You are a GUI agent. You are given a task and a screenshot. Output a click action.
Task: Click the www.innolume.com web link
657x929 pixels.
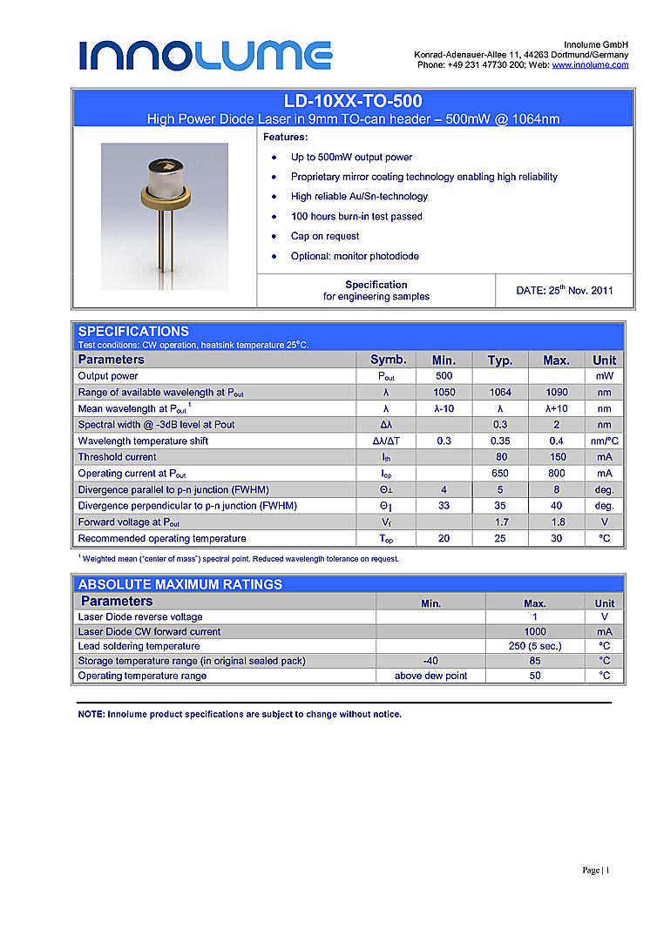(x=590, y=65)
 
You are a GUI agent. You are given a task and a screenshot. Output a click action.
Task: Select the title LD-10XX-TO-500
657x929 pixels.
(x=353, y=102)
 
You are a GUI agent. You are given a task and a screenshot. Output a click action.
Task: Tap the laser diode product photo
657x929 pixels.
(x=165, y=216)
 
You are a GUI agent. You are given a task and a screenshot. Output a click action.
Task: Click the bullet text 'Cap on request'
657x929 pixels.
(x=325, y=236)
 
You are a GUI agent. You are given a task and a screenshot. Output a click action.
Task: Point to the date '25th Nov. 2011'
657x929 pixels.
(x=564, y=290)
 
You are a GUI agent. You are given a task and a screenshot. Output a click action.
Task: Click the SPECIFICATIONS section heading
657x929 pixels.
(x=133, y=331)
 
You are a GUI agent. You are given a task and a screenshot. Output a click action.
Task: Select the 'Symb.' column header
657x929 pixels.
(x=388, y=360)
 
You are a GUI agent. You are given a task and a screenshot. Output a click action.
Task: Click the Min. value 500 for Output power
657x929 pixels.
(x=444, y=376)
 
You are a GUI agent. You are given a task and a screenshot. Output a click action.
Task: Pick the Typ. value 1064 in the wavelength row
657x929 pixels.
(x=500, y=393)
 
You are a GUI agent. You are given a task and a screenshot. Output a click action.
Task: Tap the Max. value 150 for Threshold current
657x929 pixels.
(x=556, y=457)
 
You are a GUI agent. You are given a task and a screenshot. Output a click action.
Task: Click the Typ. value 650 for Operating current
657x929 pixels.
(x=500, y=474)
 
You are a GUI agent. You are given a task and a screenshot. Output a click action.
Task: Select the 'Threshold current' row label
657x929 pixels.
(x=118, y=457)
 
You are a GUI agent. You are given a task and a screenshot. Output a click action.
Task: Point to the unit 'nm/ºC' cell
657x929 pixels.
(x=604, y=441)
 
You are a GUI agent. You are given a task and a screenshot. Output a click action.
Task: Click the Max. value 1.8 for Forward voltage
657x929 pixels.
(x=556, y=522)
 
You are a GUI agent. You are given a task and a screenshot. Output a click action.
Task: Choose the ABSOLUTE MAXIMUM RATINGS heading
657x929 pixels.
(x=180, y=584)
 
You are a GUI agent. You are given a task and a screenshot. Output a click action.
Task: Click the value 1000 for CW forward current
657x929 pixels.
(x=535, y=631)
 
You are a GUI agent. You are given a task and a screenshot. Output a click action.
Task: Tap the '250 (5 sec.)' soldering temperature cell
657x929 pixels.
(x=535, y=646)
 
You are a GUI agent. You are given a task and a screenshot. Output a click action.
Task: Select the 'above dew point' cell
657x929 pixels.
(x=430, y=676)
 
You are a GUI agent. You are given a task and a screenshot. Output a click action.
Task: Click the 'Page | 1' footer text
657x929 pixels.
(x=596, y=871)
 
